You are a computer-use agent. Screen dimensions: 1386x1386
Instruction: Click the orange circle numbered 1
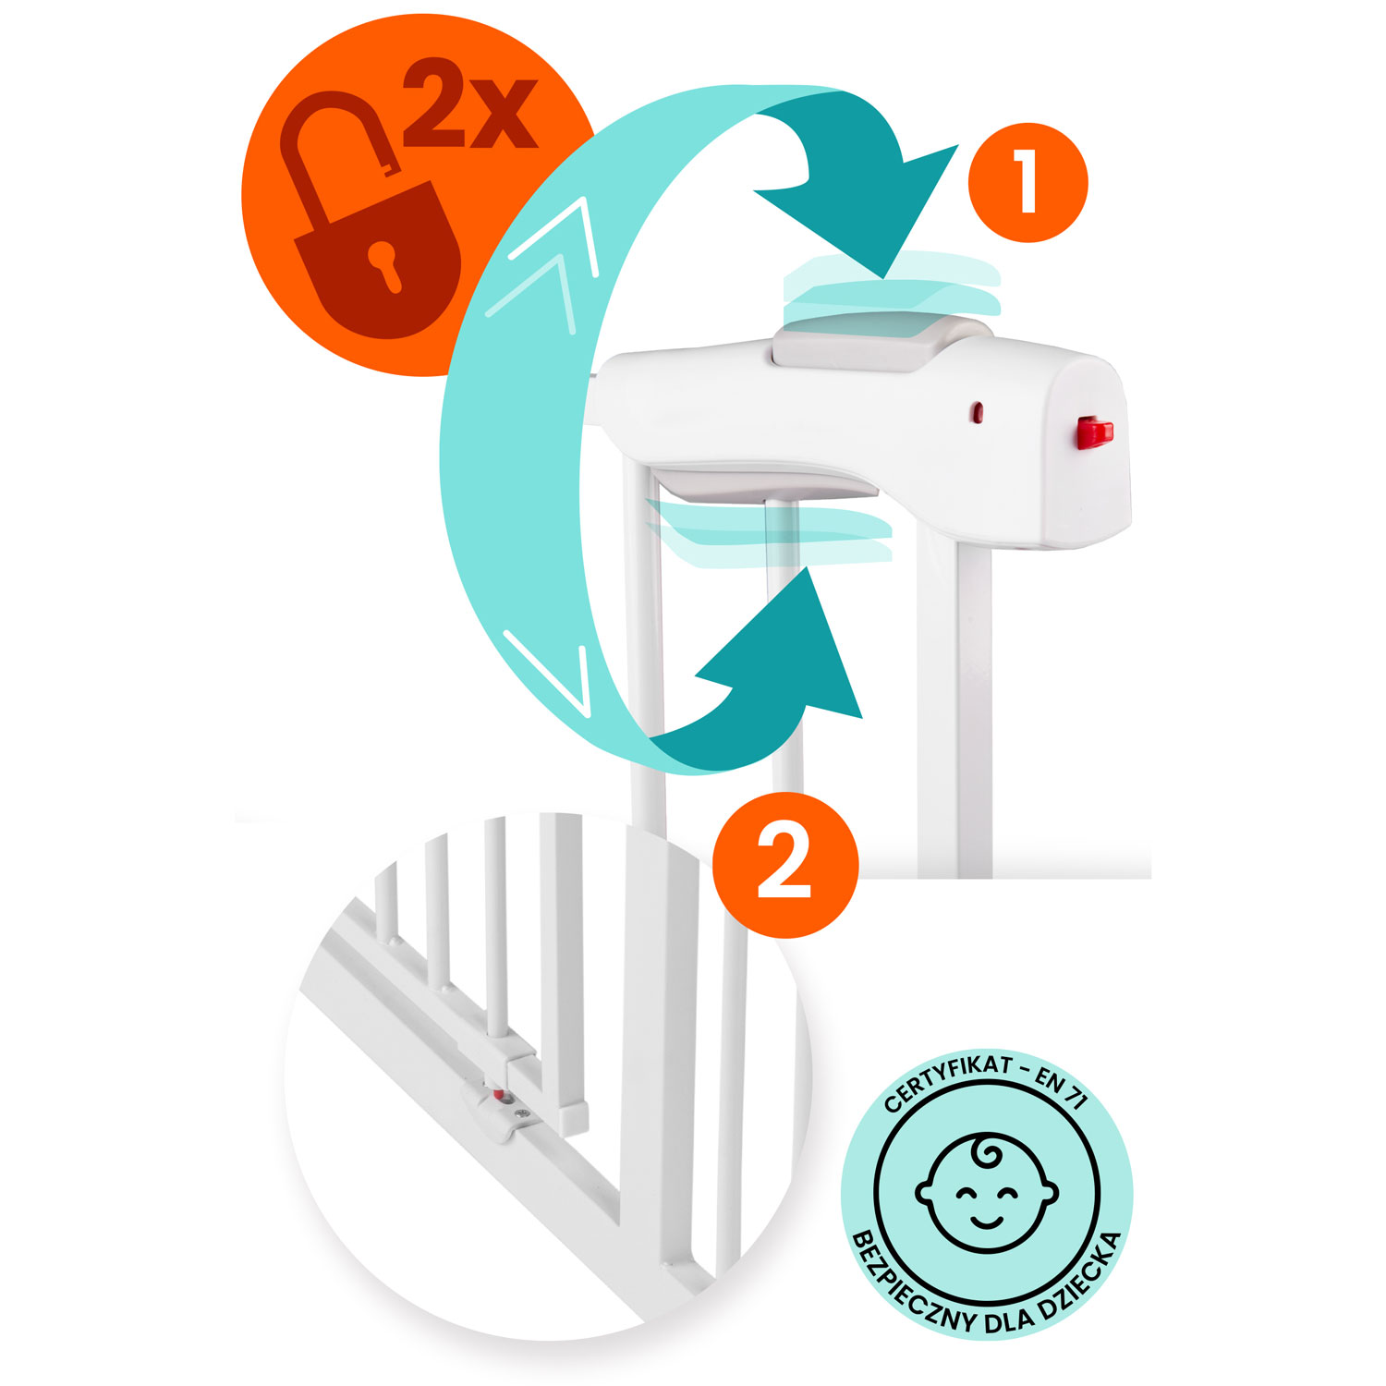click(x=1027, y=183)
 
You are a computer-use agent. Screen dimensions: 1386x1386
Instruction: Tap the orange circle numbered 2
click(x=785, y=865)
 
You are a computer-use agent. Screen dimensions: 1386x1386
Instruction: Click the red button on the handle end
click(x=1094, y=432)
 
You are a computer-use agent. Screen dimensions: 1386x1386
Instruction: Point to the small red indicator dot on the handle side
click(x=977, y=413)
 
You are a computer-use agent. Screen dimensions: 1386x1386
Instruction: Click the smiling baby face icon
click(x=987, y=1191)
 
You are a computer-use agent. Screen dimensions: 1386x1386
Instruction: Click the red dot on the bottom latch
click(x=500, y=1096)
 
